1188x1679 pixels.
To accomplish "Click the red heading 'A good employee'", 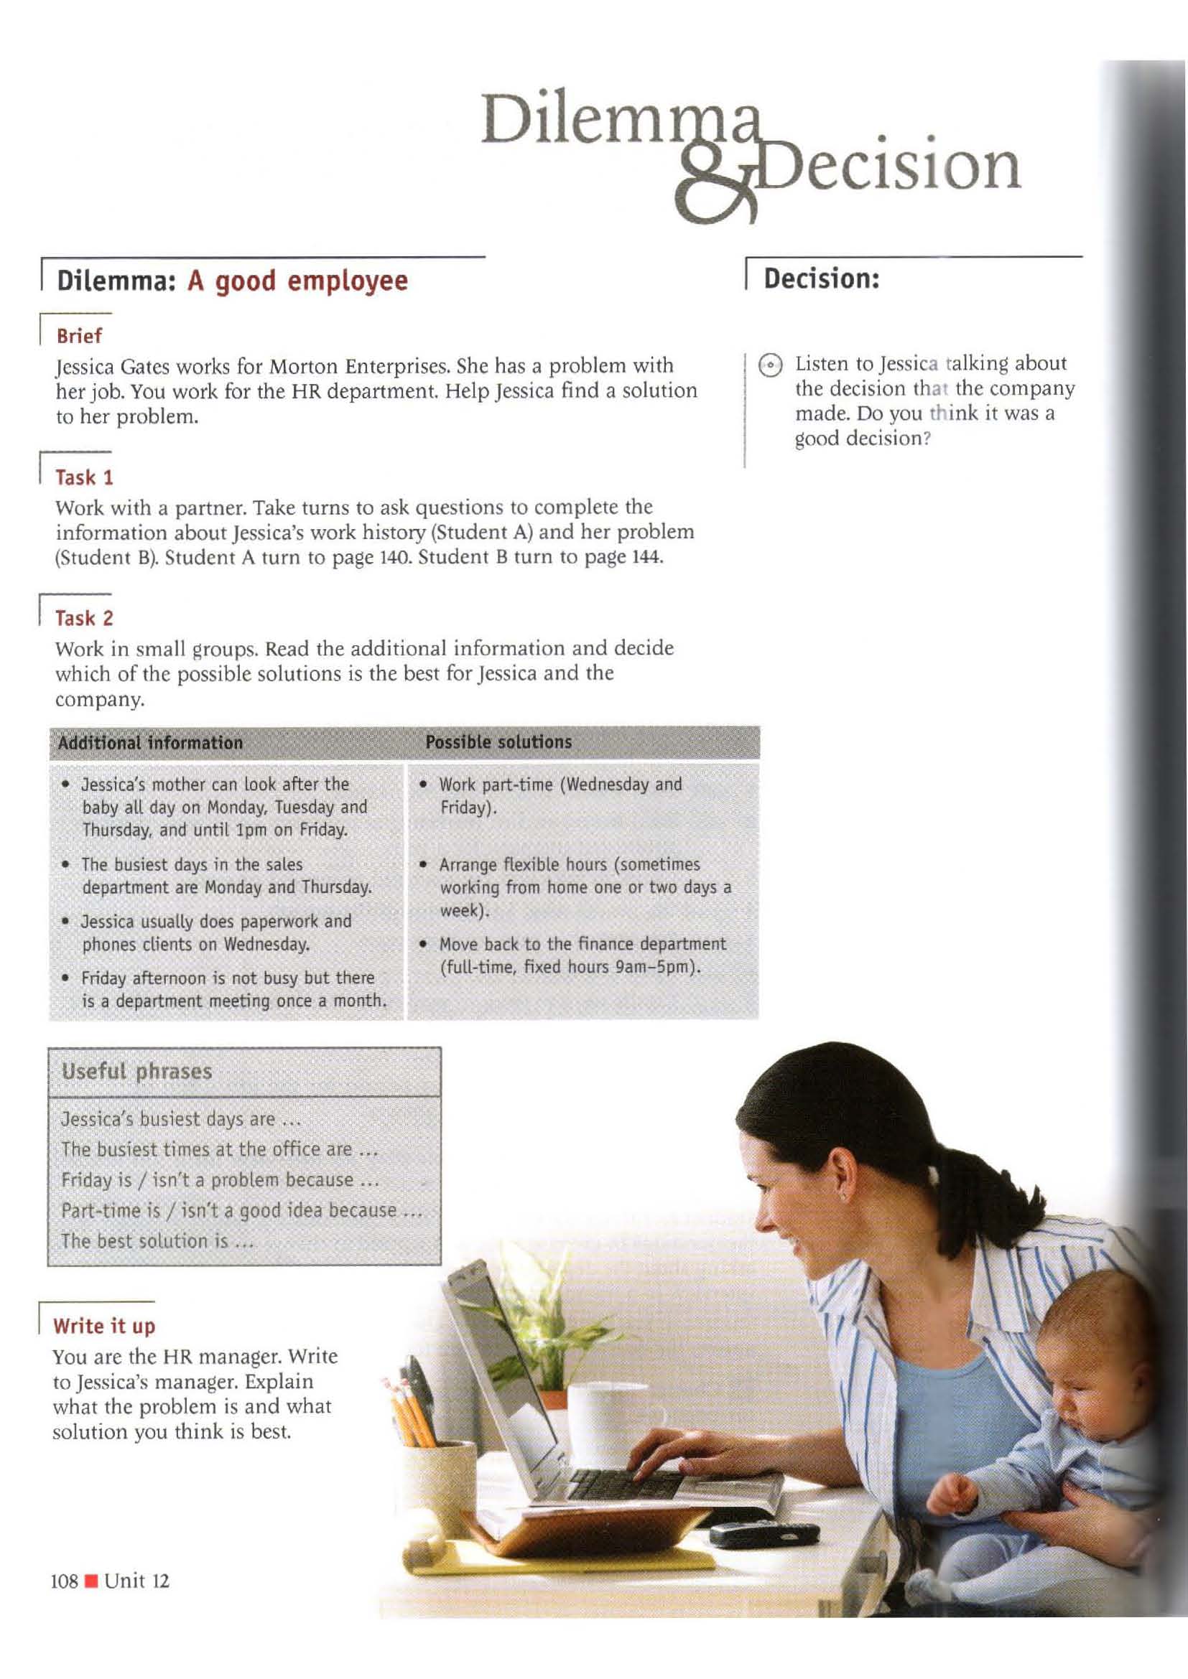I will (298, 281).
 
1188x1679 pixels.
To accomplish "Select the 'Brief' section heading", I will (79, 337).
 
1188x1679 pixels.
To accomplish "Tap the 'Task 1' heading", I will (85, 478).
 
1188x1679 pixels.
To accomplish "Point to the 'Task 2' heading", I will (85, 619).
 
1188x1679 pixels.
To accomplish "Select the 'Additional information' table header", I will (150, 743).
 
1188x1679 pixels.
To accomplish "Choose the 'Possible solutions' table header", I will (498, 742).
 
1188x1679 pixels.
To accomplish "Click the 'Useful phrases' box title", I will (136, 1072).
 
